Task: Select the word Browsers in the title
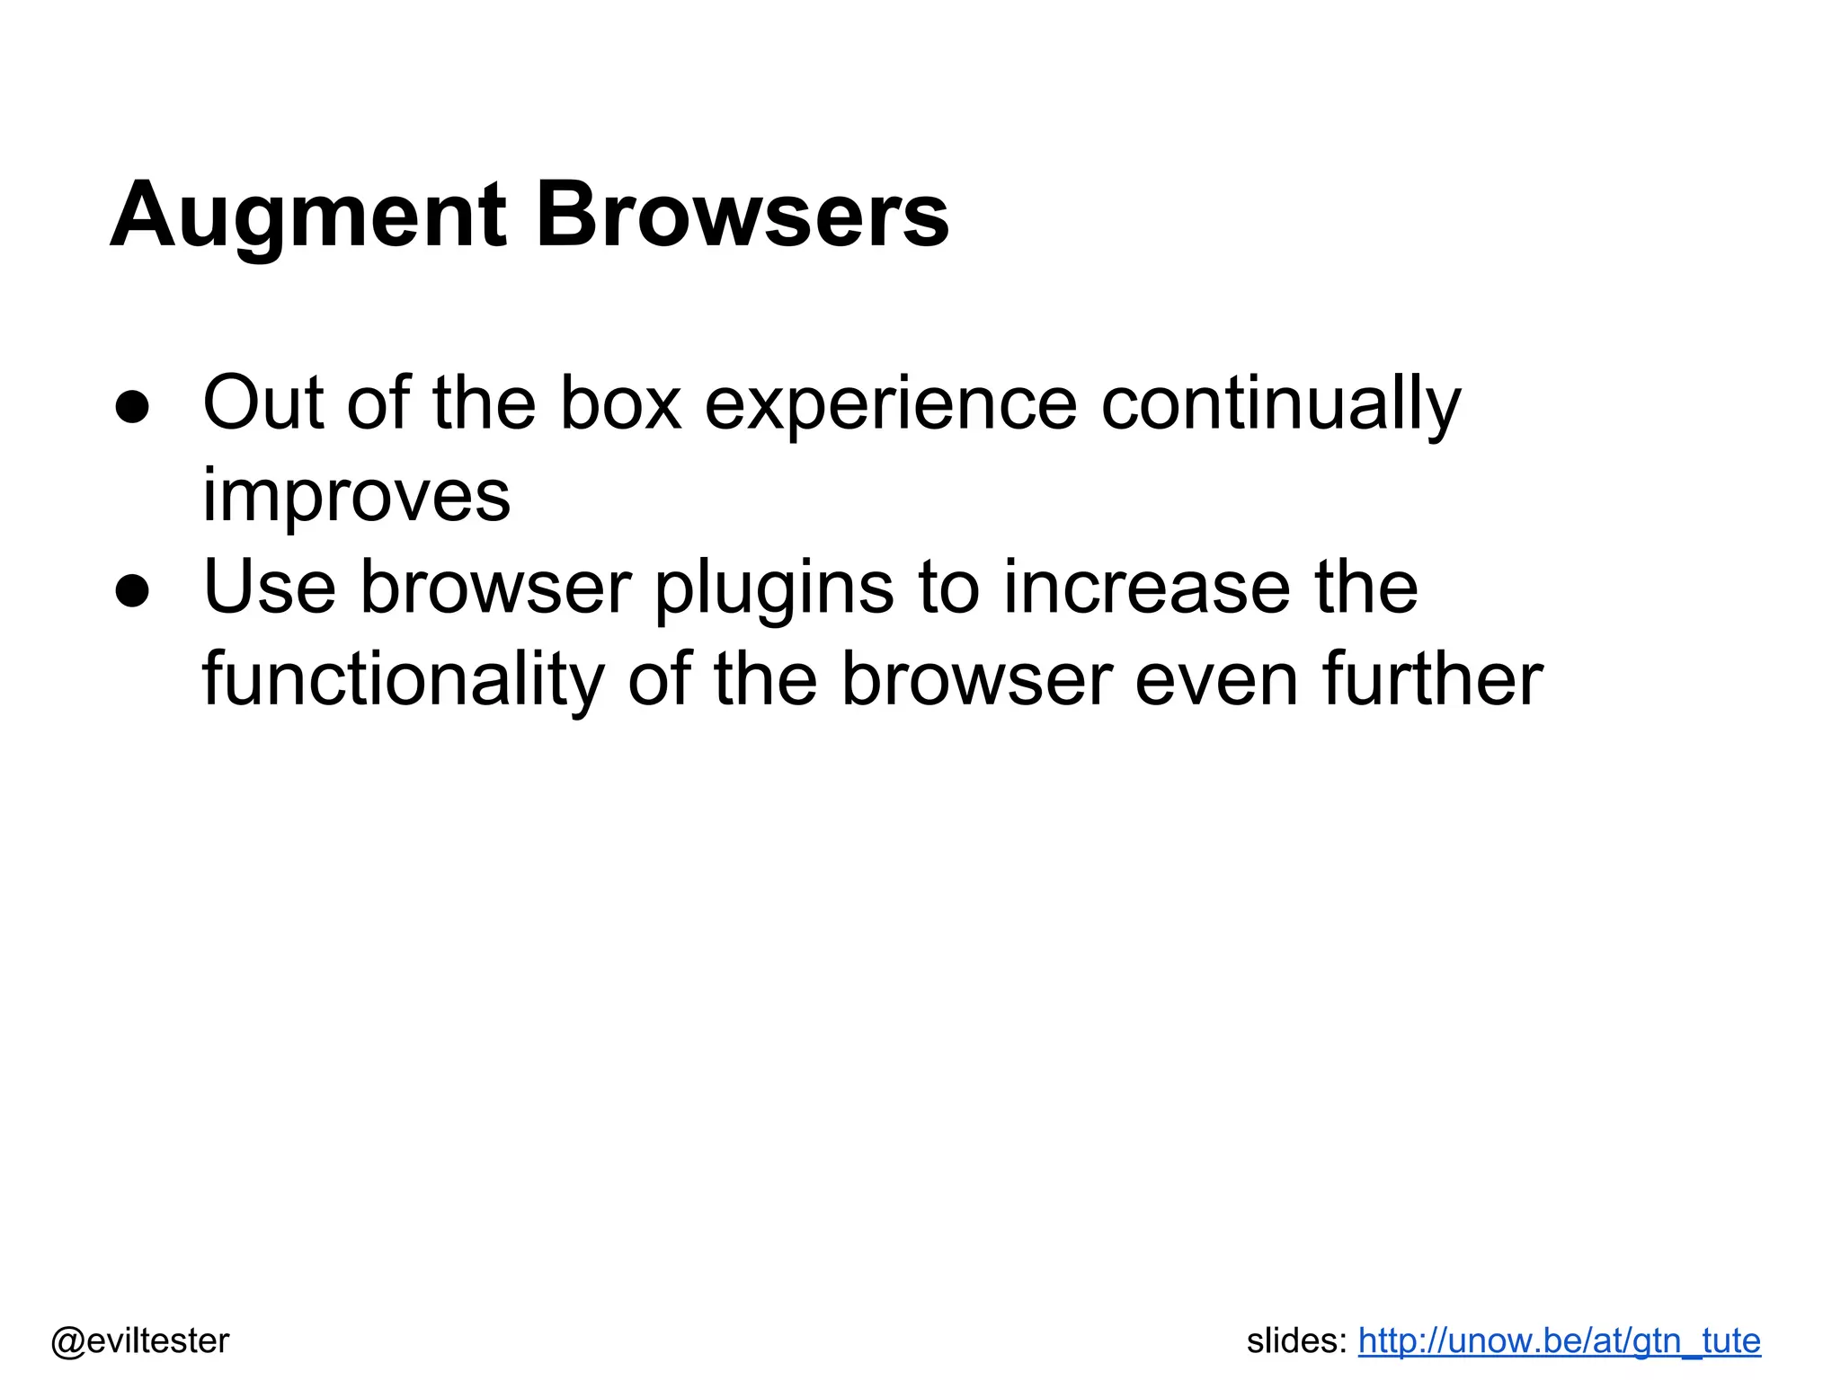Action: (x=742, y=216)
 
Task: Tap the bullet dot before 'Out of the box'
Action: (x=132, y=406)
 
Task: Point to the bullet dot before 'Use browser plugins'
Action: (x=132, y=590)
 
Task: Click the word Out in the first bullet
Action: (x=262, y=403)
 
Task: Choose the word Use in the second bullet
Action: (x=270, y=588)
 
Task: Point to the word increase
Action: (x=1147, y=588)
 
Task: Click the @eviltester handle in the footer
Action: (x=140, y=1341)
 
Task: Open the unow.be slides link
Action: (x=1559, y=1341)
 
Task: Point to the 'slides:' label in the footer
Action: (x=1296, y=1341)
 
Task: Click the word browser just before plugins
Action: (x=496, y=588)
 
